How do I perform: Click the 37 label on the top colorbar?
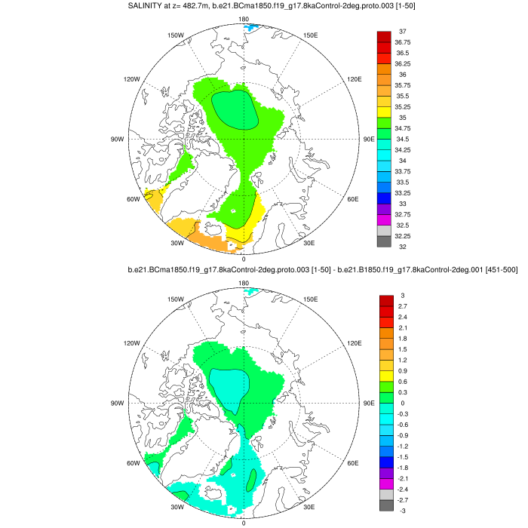403,31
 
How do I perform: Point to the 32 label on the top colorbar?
403,247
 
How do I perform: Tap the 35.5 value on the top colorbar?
403,97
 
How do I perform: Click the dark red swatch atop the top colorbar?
384,36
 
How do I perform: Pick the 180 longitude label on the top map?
244,18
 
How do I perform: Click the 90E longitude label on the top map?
369,139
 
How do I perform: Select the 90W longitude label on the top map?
118,139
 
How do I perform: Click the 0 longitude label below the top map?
244,259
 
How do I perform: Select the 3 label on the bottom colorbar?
401,295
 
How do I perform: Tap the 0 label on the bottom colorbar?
401,403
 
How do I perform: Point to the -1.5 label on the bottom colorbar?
403,457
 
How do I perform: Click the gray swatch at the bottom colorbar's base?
384,505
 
